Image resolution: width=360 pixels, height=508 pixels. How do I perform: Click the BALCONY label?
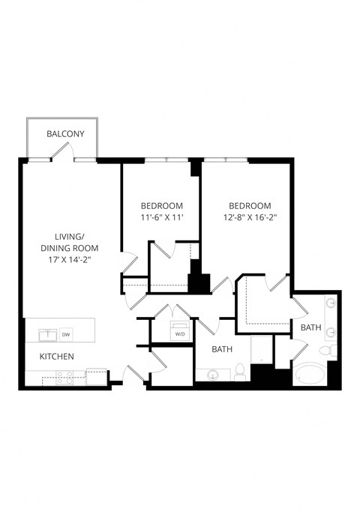tap(65, 134)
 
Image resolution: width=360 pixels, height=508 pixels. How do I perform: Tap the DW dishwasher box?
tap(66, 334)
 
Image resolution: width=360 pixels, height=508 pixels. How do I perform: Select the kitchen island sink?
tap(46, 334)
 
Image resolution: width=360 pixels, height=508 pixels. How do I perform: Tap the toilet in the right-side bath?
tap(326, 351)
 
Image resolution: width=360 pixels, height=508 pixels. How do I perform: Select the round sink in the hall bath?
tap(211, 373)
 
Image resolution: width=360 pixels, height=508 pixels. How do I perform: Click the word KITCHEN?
tap(56, 356)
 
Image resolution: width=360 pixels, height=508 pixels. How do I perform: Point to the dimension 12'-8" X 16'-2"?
tap(249, 217)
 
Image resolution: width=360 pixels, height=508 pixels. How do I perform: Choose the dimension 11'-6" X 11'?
tap(161, 217)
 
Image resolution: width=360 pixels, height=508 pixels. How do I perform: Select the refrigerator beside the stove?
tap(96, 378)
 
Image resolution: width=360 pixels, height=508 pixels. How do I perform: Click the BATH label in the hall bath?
tap(222, 349)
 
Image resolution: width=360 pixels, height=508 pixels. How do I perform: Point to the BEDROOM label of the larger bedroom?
tap(249, 206)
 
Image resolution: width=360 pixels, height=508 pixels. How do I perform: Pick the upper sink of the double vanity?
tap(329, 304)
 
